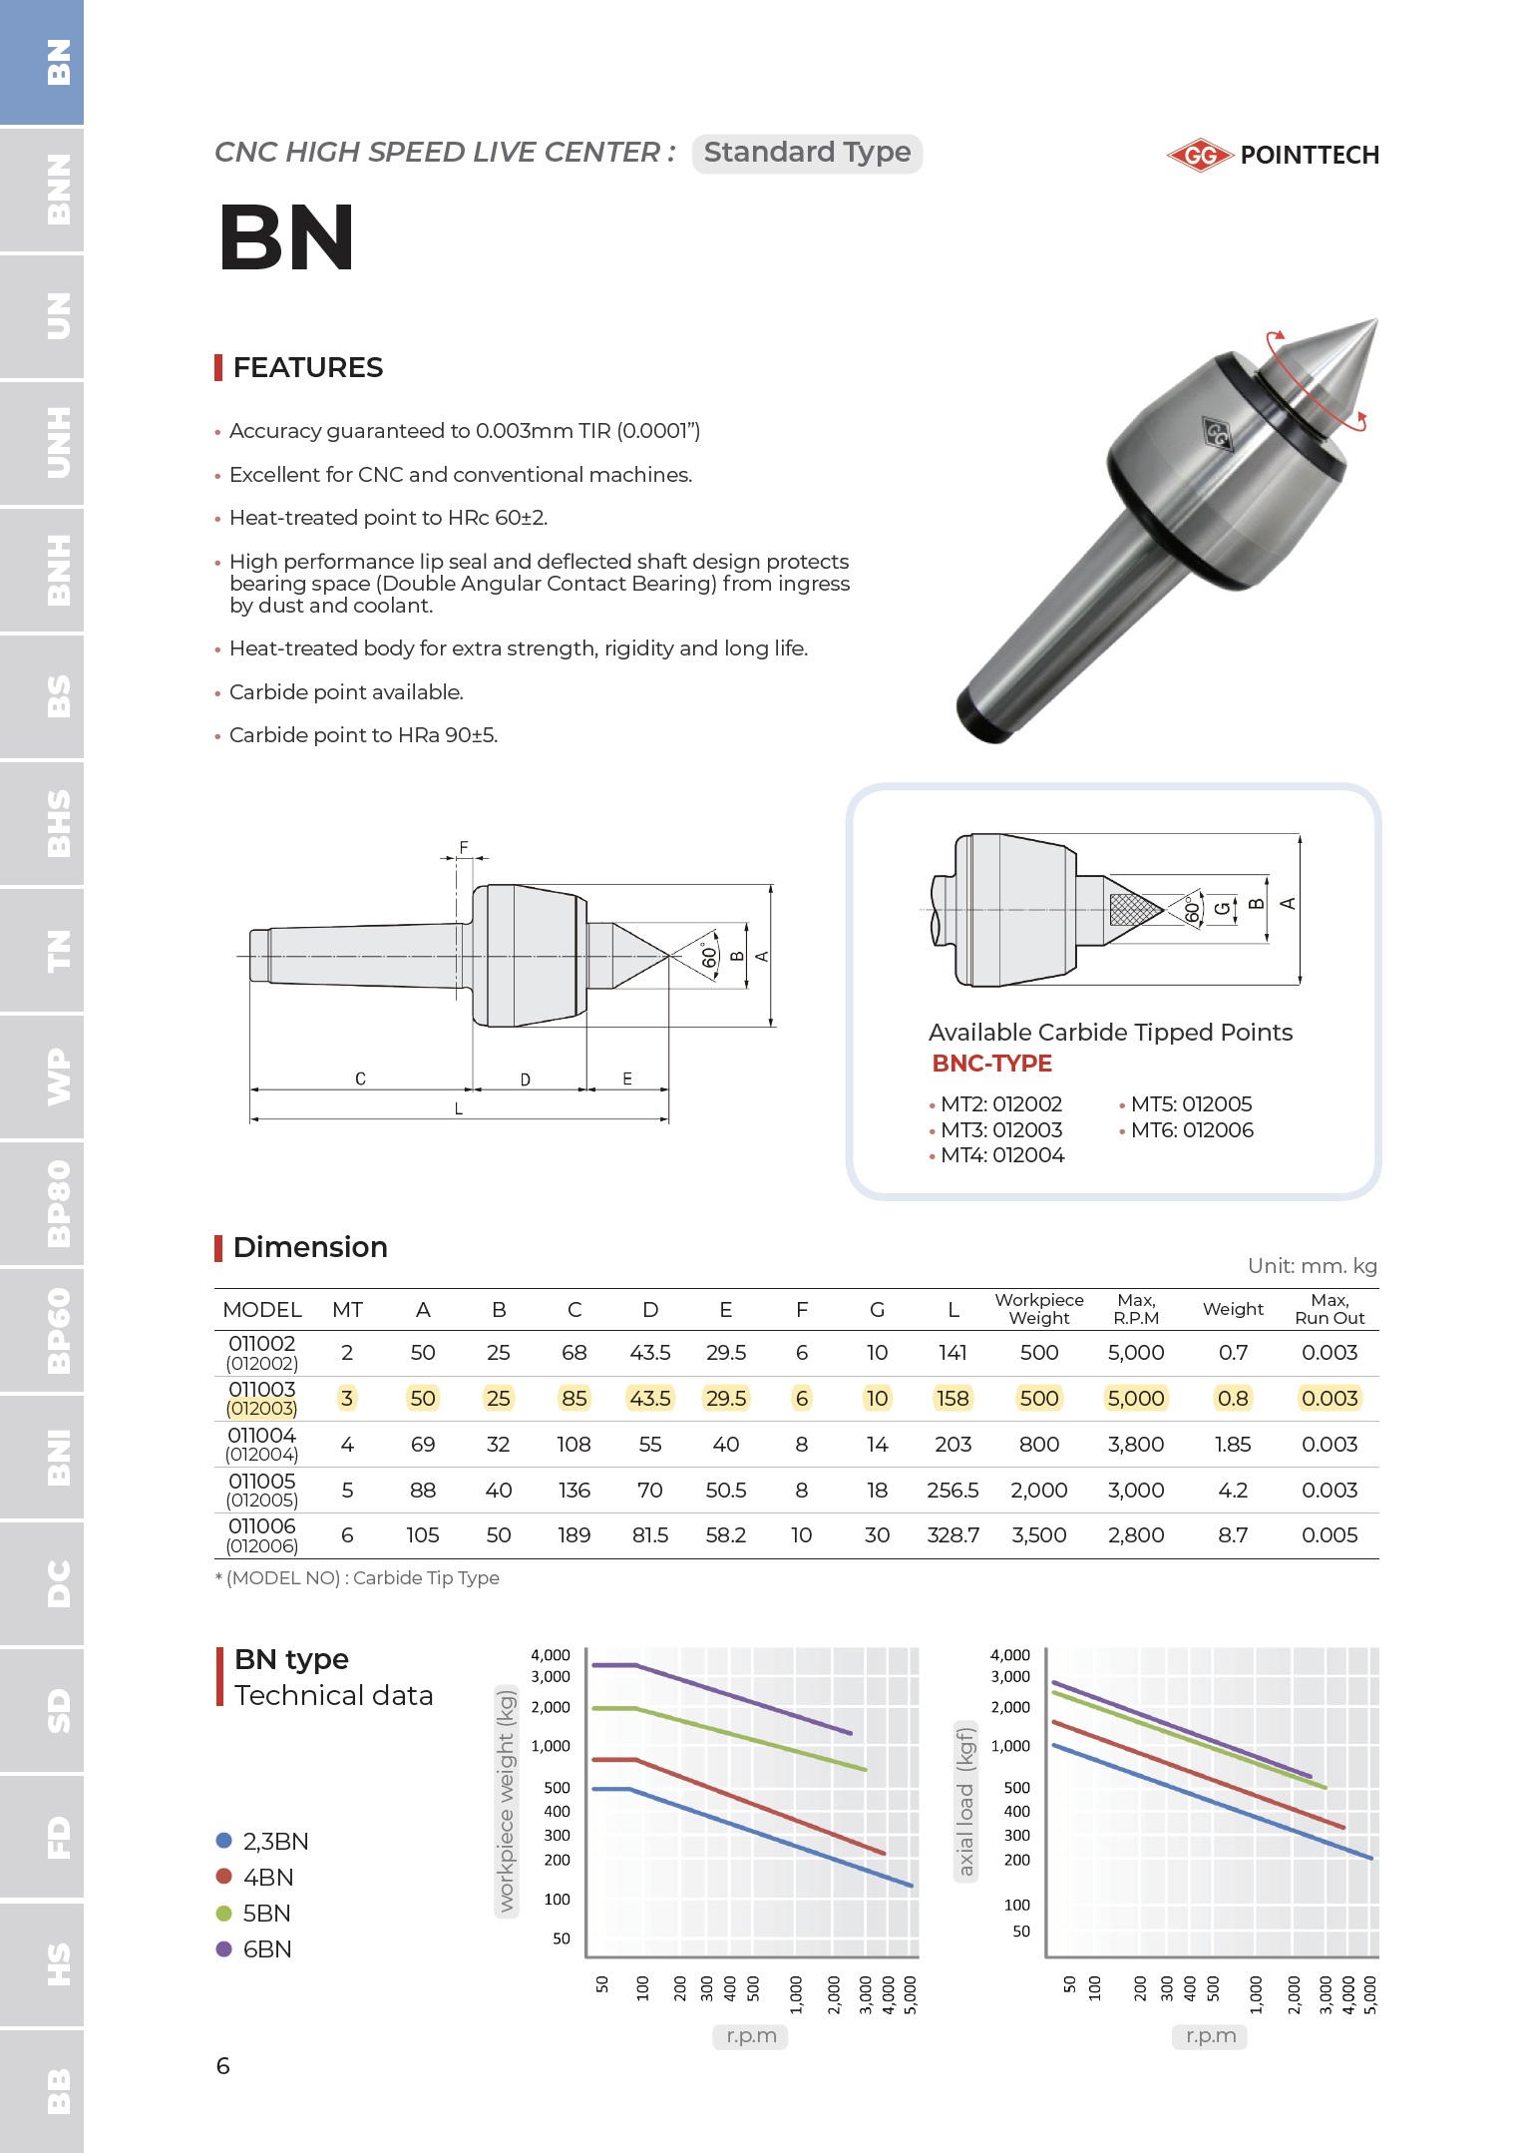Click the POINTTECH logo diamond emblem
tap(1200, 155)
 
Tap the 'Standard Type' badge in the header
tap(807, 153)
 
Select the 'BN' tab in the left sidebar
tap(42, 62)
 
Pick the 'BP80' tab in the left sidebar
tap(42, 1203)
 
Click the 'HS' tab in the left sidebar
tap(42, 1963)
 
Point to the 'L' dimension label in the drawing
tap(459, 1108)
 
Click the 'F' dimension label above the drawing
tap(464, 848)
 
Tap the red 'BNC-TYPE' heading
tap(991, 1064)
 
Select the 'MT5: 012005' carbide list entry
tap(1191, 1104)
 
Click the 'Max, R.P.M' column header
tap(1136, 1309)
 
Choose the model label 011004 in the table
tap(261, 1436)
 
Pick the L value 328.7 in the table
tap(952, 1535)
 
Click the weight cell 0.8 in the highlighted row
tap(1233, 1399)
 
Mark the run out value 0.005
tap(1330, 1535)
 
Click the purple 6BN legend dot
tap(224, 1948)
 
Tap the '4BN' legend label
tap(268, 1878)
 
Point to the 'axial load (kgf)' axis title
tap(964, 1801)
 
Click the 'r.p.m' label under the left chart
tap(751, 2036)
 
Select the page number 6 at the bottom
tap(223, 2066)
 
